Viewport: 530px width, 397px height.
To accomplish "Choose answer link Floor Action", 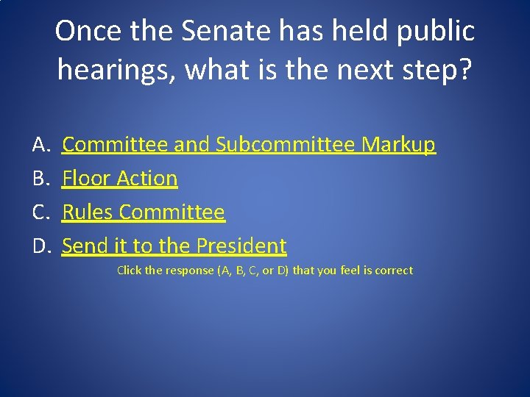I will point(120,179).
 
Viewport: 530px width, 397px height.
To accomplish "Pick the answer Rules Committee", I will point(144,212).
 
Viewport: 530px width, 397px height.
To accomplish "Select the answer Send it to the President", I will point(174,246).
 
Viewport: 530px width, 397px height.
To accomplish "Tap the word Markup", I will point(398,145).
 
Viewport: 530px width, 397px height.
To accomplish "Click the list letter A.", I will point(40,145).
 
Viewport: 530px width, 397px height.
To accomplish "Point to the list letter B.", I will point(40,179).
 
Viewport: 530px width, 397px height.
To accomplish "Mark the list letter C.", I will point(40,212).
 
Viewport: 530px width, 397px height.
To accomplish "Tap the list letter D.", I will point(40,246).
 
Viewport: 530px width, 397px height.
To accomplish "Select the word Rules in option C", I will point(88,212).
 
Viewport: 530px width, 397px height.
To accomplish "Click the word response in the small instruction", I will point(190,271).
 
